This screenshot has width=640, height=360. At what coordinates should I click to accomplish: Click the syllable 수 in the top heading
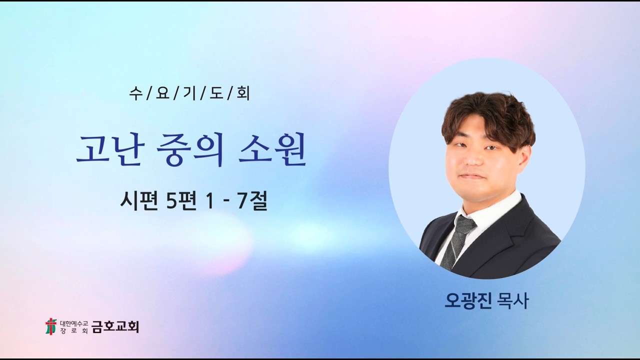(135, 93)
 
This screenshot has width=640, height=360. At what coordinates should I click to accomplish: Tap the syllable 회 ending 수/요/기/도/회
(243, 93)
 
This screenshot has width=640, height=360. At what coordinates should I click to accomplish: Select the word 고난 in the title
(109, 150)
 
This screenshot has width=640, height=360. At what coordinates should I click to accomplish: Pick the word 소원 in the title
(272, 150)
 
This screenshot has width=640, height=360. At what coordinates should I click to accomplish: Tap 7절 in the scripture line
(252, 201)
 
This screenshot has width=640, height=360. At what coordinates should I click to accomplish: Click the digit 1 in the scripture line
(210, 201)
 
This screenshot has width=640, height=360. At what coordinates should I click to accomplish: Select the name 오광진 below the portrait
(467, 300)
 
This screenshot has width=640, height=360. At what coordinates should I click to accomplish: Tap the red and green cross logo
(51, 326)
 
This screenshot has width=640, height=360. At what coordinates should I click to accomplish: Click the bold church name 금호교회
(115, 326)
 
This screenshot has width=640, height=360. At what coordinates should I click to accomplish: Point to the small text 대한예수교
(74, 323)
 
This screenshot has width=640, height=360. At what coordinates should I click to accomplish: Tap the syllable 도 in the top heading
(216, 93)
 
